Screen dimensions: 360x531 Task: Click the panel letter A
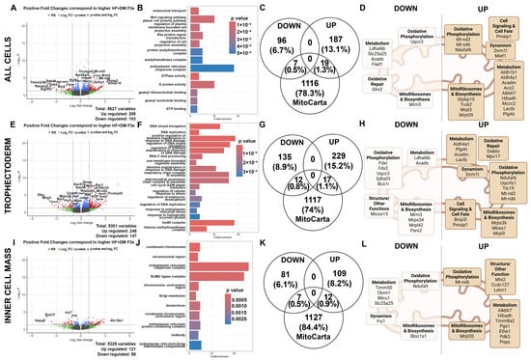coord(20,6)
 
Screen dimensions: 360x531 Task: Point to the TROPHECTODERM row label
coord(7,180)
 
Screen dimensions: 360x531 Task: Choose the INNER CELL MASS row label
coord(7,299)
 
